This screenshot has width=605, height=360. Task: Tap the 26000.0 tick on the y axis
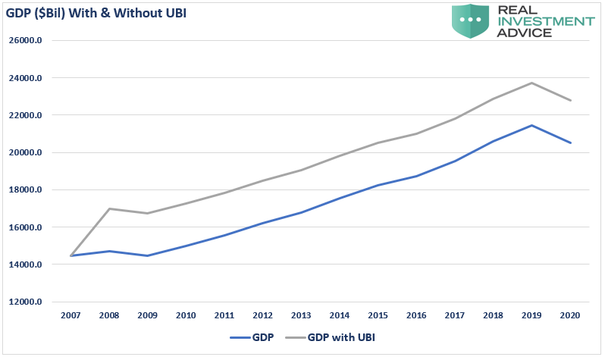(x=26, y=41)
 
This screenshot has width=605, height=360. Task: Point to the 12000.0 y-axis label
(x=26, y=302)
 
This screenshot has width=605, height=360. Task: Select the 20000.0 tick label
(x=26, y=153)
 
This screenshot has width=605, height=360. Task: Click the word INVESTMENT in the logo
(x=545, y=21)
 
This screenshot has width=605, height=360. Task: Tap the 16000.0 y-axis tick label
(x=26, y=227)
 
